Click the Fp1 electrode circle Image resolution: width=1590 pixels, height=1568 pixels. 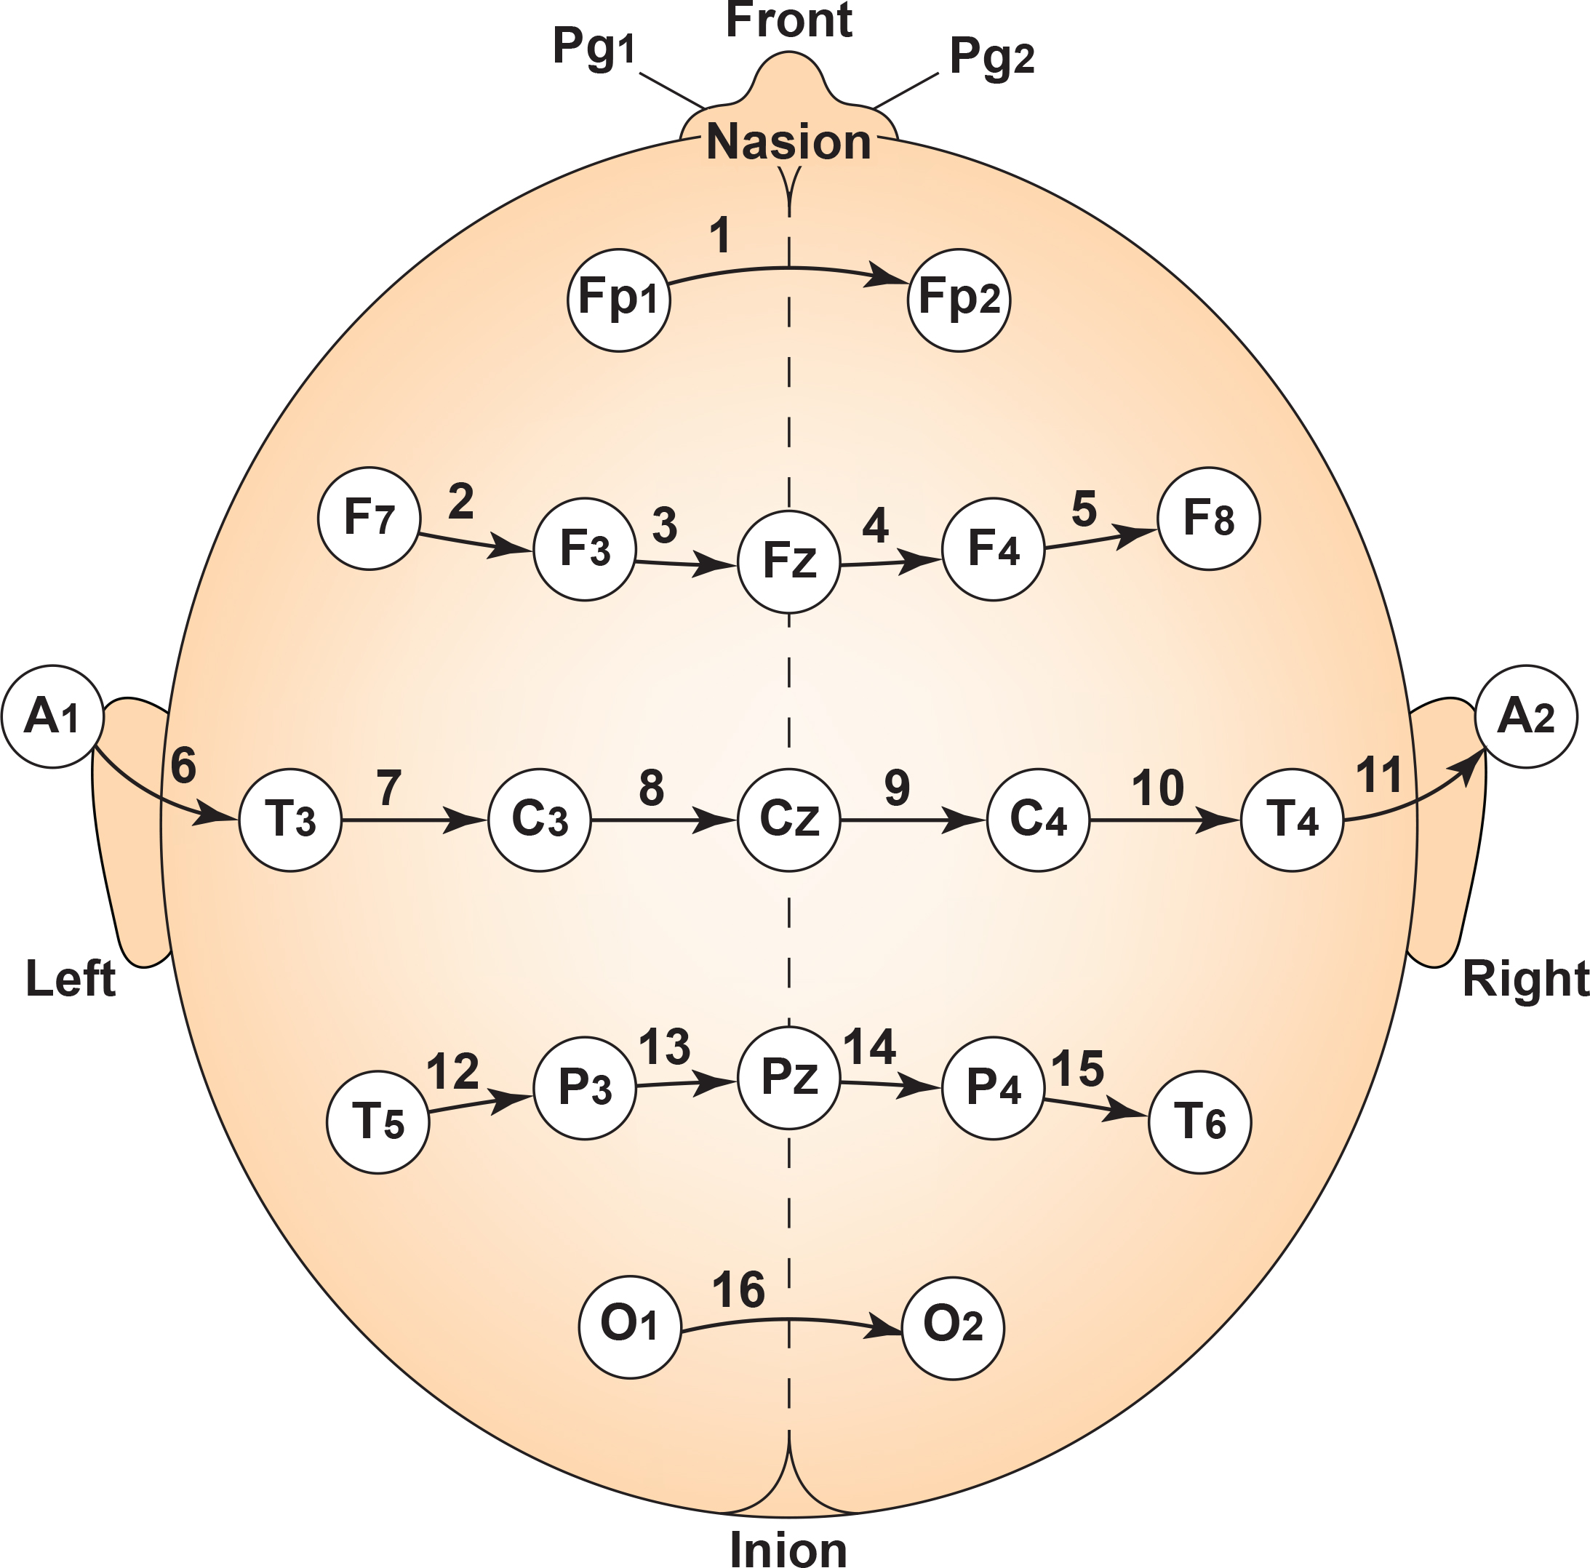pyautogui.click(x=619, y=300)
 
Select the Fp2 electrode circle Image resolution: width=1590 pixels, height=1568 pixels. pyautogui.click(x=959, y=300)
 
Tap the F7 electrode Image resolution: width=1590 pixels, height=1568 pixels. pyautogui.click(x=369, y=519)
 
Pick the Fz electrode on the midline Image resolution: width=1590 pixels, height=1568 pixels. pyautogui.click(x=789, y=562)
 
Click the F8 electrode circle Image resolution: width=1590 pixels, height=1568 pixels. pyautogui.click(x=1208, y=519)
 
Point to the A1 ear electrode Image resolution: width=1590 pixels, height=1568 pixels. pyautogui.click(x=52, y=717)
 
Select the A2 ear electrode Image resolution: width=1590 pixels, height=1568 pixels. pyautogui.click(x=1526, y=717)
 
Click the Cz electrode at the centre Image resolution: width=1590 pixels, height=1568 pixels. pyautogui.click(x=789, y=820)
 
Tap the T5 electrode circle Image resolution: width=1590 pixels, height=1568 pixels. pyautogui.click(x=377, y=1123)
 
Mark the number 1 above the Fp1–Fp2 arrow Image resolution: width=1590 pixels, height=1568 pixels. pyautogui.click(x=720, y=236)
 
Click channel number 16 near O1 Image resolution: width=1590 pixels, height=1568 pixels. pyautogui.click(x=738, y=1289)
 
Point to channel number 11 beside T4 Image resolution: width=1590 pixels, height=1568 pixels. pyautogui.click(x=1378, y=775)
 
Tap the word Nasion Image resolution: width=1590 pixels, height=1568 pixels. pyautogui.click(x=788, y=142)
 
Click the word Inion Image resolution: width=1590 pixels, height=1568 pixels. pyautogui.click(x=788, y=1549)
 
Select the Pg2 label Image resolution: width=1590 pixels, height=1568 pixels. pyautogui.click(x=991, y=57)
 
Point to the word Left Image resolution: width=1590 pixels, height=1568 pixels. pyautogui.click(x=71, y=979)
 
